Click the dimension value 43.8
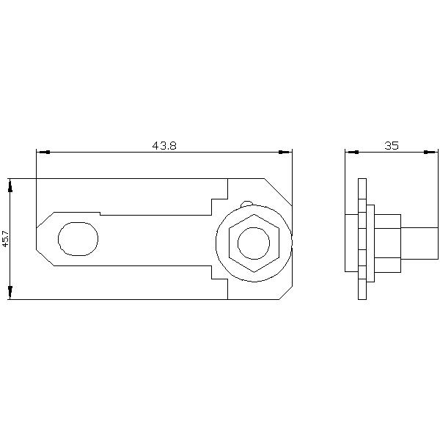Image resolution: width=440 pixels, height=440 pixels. (164, 145)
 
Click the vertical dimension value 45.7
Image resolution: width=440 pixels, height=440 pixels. (5, 239)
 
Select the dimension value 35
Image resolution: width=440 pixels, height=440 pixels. (392, 145)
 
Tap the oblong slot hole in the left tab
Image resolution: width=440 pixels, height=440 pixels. (78, 238)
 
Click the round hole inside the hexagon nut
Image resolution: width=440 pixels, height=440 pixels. (254, 243)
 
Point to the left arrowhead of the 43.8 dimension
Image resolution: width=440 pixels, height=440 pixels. (43, 152)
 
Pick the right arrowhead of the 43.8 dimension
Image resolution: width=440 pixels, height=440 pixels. (285, 152)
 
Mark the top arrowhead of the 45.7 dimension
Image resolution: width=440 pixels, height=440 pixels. (10, 185)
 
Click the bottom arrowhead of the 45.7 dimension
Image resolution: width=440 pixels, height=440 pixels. (10, 293)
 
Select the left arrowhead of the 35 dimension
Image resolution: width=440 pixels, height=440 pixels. (351, 152)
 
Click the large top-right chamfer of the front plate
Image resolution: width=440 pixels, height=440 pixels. (278, 192)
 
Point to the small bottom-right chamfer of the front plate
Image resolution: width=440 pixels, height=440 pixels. (285, 293)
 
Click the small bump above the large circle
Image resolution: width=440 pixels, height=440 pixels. (247, 204)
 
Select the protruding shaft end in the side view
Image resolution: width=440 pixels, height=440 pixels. (419, 243)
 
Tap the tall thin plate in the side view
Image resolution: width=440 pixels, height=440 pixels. (362, 239)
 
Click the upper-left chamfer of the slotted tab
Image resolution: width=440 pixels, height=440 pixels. (45, 220)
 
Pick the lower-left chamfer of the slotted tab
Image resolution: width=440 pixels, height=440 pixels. (45, 257)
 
